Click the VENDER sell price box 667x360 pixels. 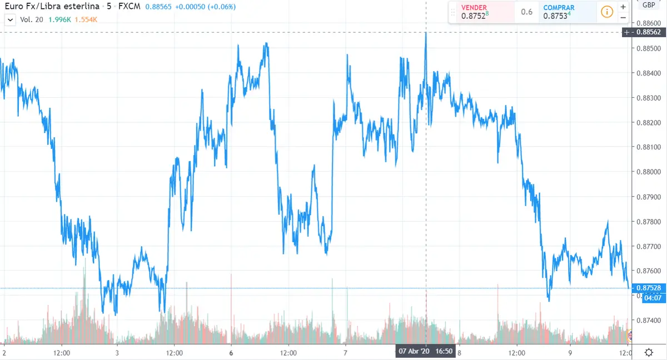[481, 12]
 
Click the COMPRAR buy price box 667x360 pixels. [563, 12]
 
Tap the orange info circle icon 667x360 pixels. [607, 12]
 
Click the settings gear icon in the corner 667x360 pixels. [649, 352]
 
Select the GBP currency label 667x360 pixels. [648, 5]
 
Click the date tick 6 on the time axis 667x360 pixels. [231, 352]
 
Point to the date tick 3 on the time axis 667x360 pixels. [117, 352]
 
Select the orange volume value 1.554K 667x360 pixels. [86, 19]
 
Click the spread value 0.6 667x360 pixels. [527, 12]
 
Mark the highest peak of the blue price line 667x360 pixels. [426, 33]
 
